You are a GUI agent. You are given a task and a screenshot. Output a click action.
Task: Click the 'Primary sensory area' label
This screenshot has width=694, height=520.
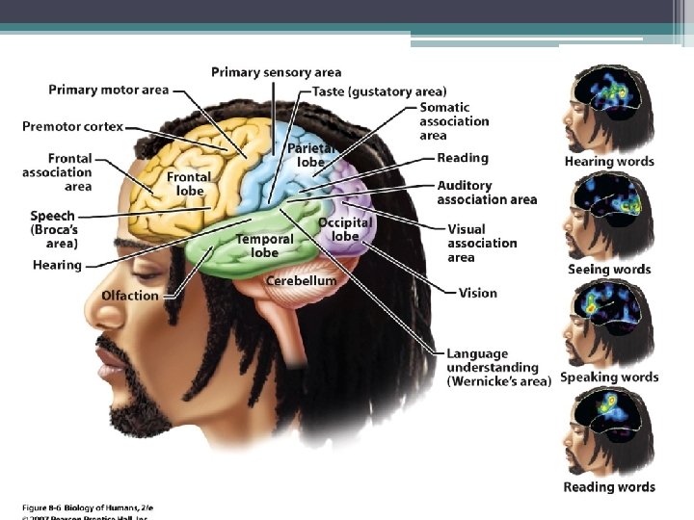coord(276,72)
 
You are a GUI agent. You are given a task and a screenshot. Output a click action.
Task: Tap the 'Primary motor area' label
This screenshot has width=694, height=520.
coord(109,90)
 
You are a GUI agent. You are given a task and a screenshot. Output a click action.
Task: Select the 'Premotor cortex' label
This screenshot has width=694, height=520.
coord(73,127)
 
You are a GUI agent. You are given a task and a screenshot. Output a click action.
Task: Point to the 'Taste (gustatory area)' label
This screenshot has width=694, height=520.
coord(365,91)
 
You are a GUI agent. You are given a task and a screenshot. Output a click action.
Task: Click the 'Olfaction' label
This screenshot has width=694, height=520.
coord(130,295)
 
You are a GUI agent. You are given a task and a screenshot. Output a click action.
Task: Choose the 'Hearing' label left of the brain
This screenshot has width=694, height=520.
coord(57,265)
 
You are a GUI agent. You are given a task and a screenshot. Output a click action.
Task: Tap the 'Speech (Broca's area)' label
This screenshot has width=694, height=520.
coord(53,230)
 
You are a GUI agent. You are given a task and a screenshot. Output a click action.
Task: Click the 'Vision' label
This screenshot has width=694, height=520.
coord(478,293)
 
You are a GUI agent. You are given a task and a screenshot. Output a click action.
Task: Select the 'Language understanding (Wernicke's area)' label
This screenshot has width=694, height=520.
coord(498,368)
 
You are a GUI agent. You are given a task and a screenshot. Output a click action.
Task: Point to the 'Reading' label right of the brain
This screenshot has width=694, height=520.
coord(463,158)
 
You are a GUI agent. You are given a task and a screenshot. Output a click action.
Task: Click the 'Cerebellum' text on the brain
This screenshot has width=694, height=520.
coord(302,281)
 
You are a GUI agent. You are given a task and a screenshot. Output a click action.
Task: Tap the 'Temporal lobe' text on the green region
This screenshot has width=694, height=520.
coord(264,246)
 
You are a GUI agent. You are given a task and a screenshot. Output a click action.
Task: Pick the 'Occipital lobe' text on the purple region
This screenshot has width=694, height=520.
coord(345,229)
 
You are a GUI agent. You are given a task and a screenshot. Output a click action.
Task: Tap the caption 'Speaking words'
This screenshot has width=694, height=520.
coord(609,377)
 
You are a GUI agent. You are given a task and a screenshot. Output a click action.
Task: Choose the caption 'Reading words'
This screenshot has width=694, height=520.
coord(609,487)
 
